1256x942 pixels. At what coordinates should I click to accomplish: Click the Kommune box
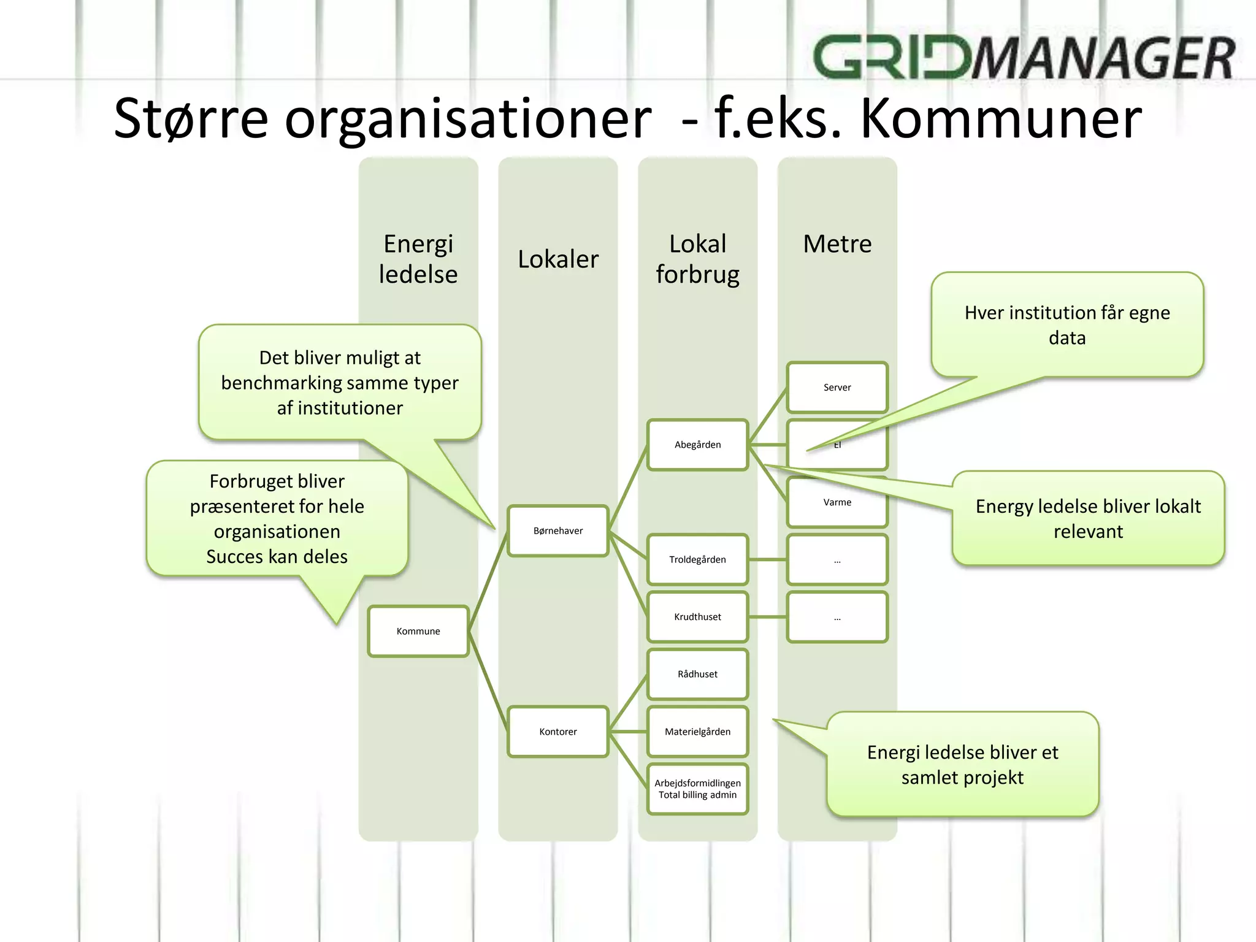click(x=418, y=631)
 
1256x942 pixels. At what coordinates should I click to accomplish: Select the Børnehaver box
click(x=557, y=530)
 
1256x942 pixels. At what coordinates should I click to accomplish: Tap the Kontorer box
click(x=557, y=731)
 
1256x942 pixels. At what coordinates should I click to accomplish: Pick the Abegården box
click(x=697, y=445)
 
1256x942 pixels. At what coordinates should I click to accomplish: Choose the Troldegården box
click(x=697, y=559)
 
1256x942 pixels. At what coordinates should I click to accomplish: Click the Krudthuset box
click(x=697, y=616)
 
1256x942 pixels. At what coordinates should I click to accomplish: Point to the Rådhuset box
click(x=697, y=674)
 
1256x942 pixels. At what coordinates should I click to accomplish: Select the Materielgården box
click(x=697, y=731)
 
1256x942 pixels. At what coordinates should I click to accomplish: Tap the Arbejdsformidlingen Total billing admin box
click(x=697, y=789)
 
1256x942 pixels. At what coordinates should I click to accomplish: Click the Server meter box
click(x=837, y=387)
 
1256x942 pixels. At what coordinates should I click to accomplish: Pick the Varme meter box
click(x=837, y=502)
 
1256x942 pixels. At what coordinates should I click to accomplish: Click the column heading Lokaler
click(x=557, y=259)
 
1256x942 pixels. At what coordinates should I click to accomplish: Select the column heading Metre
click(x=837, y=243)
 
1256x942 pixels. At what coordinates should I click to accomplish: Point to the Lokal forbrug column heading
click(x=697, y=259)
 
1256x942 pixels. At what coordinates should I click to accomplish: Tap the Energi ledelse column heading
click(x=418, y=259)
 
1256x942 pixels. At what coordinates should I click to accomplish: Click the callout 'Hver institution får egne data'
click(x=1067, y=324)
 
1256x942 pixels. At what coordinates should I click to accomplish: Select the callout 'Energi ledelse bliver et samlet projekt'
click(x=962, y=764)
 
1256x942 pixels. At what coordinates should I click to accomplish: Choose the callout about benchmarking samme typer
click(x=340, y=382)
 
